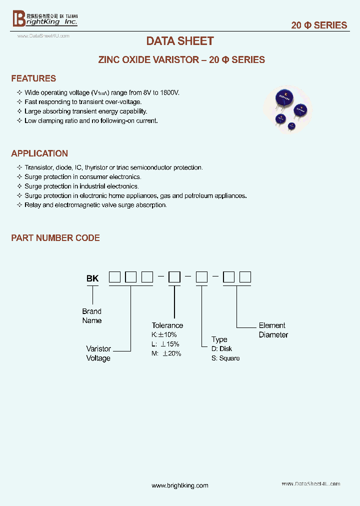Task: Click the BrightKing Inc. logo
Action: [45, 19]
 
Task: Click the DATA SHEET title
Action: [180, 41]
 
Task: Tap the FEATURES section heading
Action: [33, 78]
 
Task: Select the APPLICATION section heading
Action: [39, 153]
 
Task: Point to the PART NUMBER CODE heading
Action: [55, 238]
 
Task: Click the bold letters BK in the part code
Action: [92, 278]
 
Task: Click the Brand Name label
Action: [92, 316]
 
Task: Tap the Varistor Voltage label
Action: [98, 353]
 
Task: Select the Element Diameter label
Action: [273, 330]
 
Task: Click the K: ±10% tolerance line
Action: [164, 334]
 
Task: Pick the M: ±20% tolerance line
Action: [166, 353]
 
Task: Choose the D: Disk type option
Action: [221, 348]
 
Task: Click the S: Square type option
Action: [225, 358]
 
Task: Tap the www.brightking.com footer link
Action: [179, 485]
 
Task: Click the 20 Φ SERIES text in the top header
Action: [319, 25]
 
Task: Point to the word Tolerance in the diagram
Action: [167, 325]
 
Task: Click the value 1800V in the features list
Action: [170, 93]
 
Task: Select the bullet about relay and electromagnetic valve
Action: [95, 205]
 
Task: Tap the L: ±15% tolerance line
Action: [165, 344]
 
